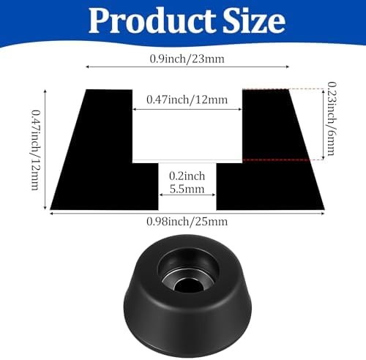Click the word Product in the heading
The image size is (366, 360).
tap(152, 21)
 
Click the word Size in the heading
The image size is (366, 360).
tap(254, 21)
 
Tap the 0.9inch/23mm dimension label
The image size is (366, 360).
tap(187, 59)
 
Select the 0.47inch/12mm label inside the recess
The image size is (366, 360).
tap(187, 100)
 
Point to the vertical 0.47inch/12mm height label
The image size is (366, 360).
tap(36, 149)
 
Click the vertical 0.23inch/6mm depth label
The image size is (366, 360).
tap(332, 119)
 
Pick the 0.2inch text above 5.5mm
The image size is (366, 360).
tap(187, 176)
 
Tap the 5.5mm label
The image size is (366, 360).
tap(187, 189)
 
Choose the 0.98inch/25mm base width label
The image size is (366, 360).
tap(187, 222)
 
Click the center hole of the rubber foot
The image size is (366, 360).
tap(187, 285)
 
